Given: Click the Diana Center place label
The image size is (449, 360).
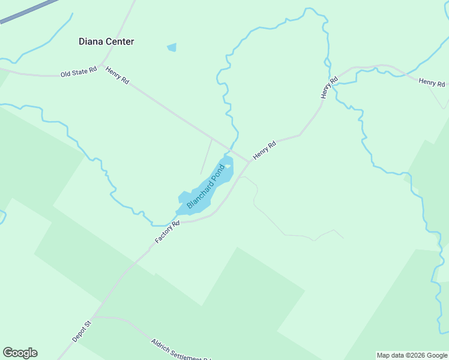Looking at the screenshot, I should tap(106, 41).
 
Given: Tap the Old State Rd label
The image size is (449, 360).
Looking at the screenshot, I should tap(79, 73).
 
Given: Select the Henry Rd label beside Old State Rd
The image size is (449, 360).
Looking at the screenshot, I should tap(117, 75).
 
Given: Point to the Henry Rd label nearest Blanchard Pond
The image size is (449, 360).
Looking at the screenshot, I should tap(264, 150).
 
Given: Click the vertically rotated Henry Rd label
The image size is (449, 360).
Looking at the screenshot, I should tap(325, 88).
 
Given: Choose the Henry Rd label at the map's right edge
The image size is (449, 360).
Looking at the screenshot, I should tap(432, 82).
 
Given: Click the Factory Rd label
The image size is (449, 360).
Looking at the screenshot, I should tap(167, 232).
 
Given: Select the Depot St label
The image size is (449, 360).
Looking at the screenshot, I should tap(81, 331).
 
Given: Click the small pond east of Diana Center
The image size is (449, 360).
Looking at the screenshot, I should tap(172, 47).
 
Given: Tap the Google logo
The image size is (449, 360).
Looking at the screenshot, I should tap(20, 353).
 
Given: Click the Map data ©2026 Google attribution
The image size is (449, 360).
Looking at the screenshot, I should tap(412, 355).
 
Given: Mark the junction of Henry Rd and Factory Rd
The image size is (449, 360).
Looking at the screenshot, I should tap(249, 162).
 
